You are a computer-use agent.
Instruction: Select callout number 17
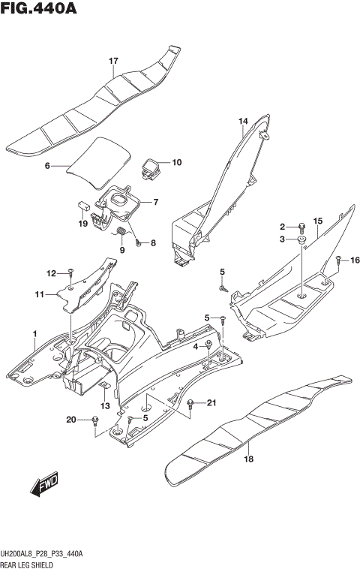pos(113,61)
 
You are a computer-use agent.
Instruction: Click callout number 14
pos(243,121)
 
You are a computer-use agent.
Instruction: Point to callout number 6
pos(46,166)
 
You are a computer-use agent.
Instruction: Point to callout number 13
pos(106,406)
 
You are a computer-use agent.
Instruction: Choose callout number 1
pos(34,333)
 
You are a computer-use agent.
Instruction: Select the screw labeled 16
pos(338,260)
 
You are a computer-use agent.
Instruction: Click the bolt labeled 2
pos(301,226)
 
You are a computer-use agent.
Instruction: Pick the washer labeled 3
pos(301,240)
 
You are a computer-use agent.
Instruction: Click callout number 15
pos(317,221)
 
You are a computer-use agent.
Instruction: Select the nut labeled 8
pos(139,243)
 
